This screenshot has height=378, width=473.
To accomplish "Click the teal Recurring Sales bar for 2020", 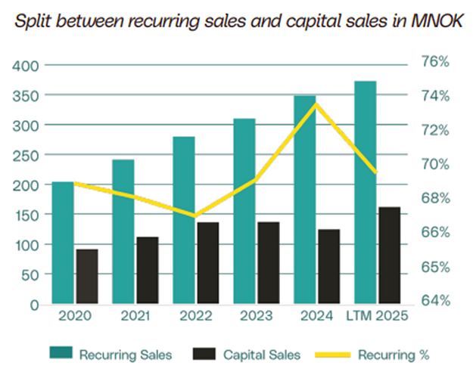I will click(x=63, y=243).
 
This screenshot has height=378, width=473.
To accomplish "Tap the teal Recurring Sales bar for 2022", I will click(x=184, y=221).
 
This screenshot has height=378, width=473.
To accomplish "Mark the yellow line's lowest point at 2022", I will click(x=194, y=215).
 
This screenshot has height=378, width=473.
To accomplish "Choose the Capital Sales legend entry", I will click(x=247, y=354).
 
